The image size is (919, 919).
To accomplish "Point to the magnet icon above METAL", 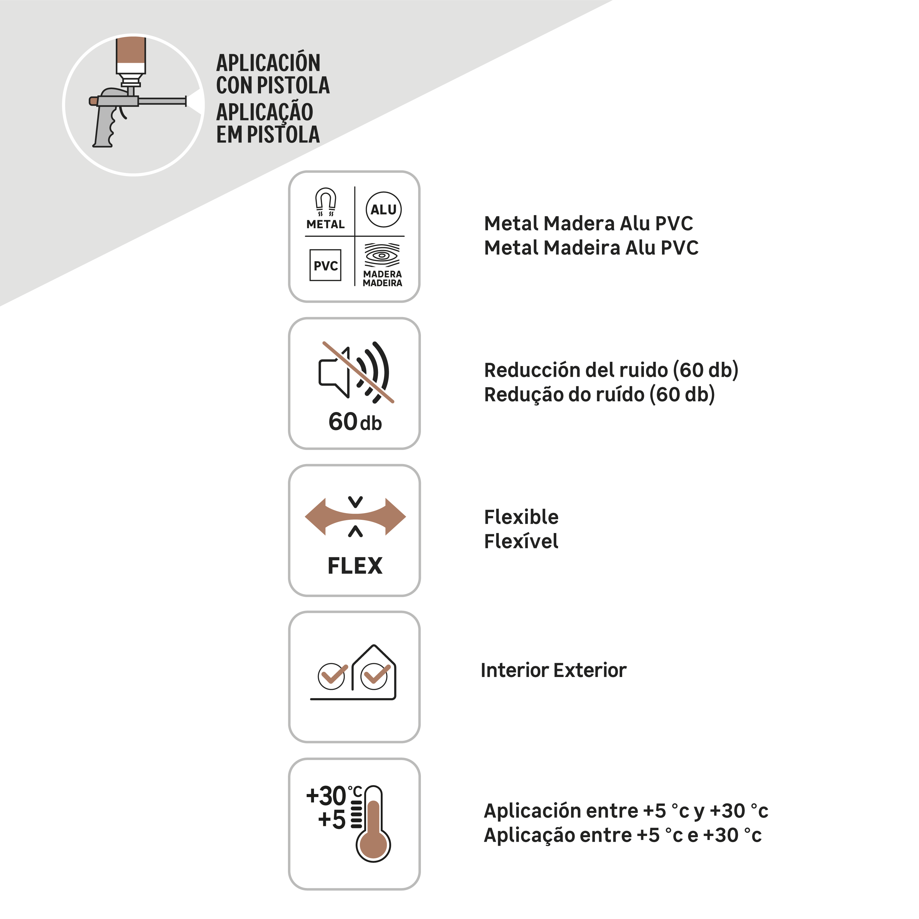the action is point(326,201).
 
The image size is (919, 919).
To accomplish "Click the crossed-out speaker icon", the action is point(356,373).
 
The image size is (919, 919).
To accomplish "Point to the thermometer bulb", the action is point(373,845).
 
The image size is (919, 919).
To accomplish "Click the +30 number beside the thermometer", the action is point(326,796).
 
